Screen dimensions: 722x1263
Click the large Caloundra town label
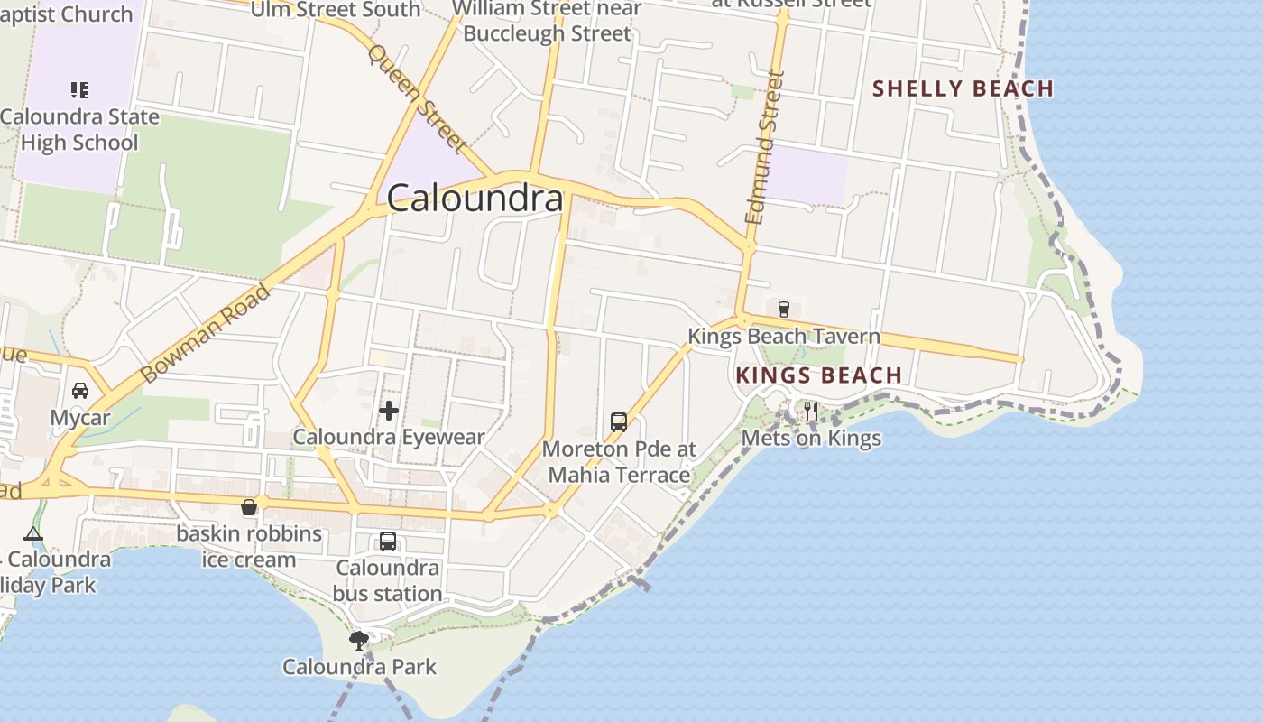475,199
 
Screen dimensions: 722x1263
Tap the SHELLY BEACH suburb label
963,88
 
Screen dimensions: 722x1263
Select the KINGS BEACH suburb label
818,375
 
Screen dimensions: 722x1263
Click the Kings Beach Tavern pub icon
784,309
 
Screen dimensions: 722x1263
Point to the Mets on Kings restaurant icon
810,412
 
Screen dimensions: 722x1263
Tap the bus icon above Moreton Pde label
619,421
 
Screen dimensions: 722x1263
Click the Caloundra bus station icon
388,541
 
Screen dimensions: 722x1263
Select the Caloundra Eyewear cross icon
389,411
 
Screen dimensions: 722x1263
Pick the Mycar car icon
80,391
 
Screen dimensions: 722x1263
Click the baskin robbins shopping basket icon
249,507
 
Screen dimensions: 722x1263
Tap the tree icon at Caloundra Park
359,641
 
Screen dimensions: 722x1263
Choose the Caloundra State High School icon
79,90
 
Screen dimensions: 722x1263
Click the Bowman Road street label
206,333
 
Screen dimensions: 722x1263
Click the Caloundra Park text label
359,667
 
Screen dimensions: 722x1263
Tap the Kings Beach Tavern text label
783,337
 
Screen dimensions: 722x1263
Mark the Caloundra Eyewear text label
389,438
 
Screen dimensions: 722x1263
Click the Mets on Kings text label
811,439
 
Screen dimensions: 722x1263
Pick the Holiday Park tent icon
33,533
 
